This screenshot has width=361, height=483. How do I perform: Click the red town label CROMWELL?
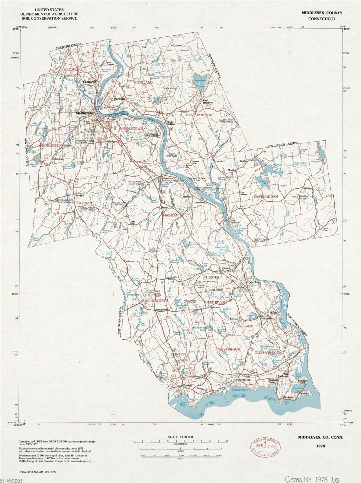pos(73,69)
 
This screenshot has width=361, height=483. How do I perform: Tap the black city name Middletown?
pos(85,113)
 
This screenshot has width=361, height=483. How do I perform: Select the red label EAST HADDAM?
pos(266,197)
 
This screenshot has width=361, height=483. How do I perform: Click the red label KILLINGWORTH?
pos(155,301)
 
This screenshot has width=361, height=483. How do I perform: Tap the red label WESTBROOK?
pos(229,349)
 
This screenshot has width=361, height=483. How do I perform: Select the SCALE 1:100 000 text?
pos(180,437)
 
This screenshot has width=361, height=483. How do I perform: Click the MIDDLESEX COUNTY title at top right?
pos(322,13)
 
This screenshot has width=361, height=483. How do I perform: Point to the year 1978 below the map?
pos(321,446)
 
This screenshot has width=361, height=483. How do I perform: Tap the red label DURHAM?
pos(85,203)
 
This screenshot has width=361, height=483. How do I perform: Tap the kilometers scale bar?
pos(180,442)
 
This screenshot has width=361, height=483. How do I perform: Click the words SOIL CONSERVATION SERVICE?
pos(49,18)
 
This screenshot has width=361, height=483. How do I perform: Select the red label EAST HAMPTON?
pos(199,115)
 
